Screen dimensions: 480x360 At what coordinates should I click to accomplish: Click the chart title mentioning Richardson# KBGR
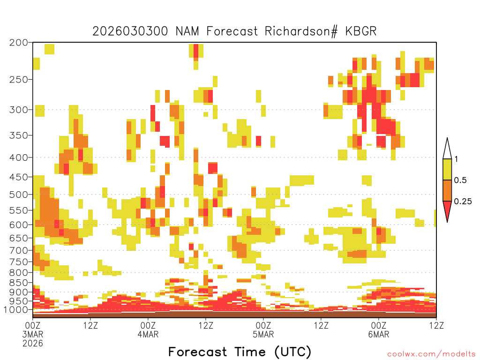[234, 31]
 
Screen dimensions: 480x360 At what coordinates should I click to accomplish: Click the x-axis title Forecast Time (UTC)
[240, 352]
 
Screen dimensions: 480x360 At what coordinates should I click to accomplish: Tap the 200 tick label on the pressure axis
[19, 43]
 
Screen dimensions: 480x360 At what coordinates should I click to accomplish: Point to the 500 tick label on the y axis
[19, 195]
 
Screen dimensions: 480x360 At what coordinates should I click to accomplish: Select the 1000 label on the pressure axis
[15, 310]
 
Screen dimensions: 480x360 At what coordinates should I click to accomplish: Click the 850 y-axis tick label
[19, 283]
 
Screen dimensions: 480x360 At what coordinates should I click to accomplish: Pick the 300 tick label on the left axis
[19, 110]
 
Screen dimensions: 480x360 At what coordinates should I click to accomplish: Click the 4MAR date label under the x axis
[148, 334]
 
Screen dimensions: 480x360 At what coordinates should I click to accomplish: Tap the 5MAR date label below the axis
[263, 334]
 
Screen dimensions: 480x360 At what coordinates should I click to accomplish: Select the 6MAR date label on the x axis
[379, 334]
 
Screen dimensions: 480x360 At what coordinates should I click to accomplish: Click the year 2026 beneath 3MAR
[33, 344]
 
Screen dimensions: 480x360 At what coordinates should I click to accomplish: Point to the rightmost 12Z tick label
[436, 325]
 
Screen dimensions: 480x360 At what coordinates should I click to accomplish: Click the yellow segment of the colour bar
[447, 169]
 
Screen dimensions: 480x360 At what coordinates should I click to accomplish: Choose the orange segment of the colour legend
[447, 190]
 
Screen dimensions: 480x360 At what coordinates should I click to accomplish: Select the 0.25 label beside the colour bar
[463, 201]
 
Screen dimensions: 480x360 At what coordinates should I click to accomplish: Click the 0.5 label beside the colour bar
[460, 180]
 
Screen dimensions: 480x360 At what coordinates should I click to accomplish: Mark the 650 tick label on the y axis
[19, 238]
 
